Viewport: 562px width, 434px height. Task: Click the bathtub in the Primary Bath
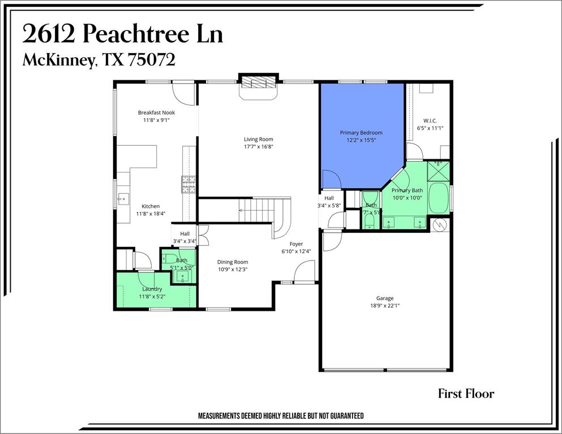pyautogui.click(x=437, y=197)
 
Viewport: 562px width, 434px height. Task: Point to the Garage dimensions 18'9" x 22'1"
pyautogui.click(x=385, y=306)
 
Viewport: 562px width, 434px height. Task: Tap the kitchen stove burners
pyautogui.click(x=188, y=184)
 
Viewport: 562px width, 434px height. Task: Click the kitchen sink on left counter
pyautogui.click(x=123, y=198)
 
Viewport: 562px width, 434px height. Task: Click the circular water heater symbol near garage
pyautogui.click(x=440, y=224)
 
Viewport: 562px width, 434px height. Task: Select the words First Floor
pyautogui.click(x=466, y=394)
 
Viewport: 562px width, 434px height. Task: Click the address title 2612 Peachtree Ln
pyautogui.click(x=123, y=34)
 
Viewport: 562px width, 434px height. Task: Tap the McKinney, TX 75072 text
pyautogui.click(x=98, y=60)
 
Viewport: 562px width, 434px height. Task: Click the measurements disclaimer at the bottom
pyautogui.click(x=280, y=416)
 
